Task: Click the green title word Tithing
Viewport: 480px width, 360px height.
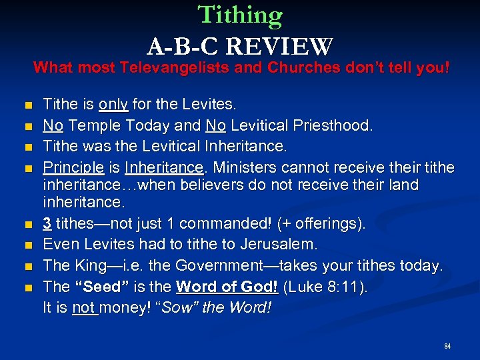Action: click(240, 15)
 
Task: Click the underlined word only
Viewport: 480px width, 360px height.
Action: click(114, 105)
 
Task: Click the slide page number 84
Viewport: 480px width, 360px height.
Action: click(447, 347)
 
